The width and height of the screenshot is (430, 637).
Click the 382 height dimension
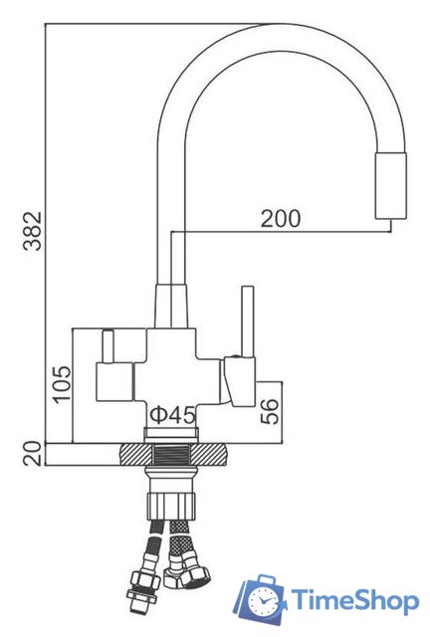tap(32, 232)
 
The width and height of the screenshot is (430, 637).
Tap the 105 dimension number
tap(62, 380)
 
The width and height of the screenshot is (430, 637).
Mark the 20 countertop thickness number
tap(32, 454)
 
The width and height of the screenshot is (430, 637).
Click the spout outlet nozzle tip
tap(389, 187)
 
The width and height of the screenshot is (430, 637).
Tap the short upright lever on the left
tap(107, 345)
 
